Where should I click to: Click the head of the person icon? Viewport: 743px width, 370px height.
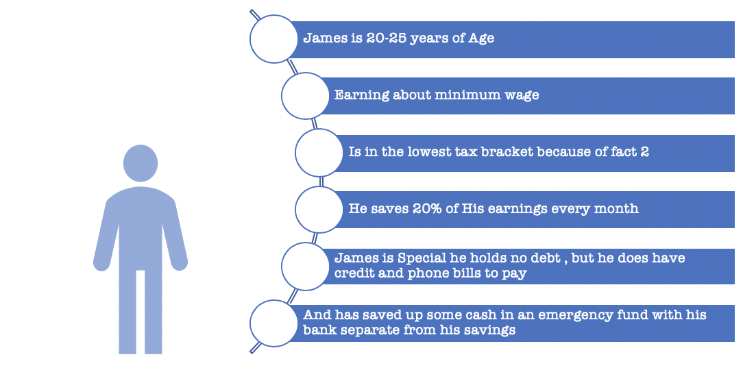tap(141, 163)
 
